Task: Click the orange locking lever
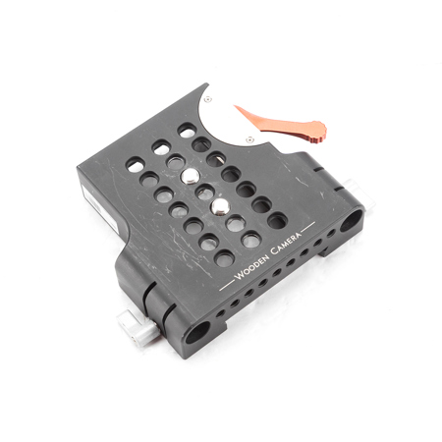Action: coord(282,124)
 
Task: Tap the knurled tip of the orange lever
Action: coord(317,131)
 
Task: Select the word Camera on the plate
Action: coord(286,243)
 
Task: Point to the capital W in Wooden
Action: coord(239,275)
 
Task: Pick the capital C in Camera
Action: coord(274,251)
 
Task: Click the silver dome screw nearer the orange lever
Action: coord(190,176)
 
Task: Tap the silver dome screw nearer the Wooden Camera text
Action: coord(220,207)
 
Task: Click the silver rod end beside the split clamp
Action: coord(138,329)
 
